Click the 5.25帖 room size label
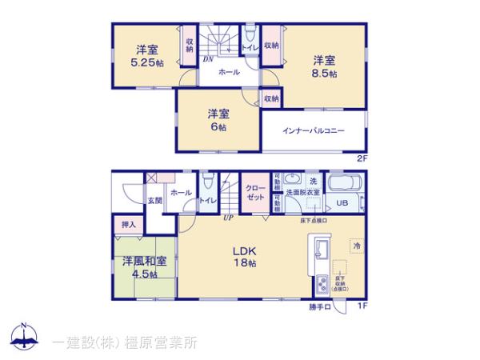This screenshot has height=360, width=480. (x=147, y=62)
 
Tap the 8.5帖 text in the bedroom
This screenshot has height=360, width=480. (x=323, y=72)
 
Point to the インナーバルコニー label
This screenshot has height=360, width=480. (x=313, y=130)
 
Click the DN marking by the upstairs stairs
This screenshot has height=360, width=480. (x=207, y=58)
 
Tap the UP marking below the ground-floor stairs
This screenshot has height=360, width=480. (x=228, y=217)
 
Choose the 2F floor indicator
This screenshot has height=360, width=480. (x=362, y=158)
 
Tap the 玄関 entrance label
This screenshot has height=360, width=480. (x=154, y=201)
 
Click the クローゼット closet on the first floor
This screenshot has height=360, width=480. (x=256, y=192)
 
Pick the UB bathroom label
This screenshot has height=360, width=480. (x=341, y=202)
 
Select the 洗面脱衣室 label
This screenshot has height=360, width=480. (x=305, y=193)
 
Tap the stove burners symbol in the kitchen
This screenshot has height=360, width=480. (x=322, y=284)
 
